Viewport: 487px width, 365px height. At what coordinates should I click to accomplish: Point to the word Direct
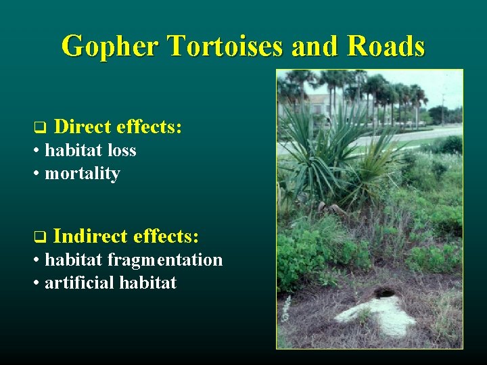tap(83, 126)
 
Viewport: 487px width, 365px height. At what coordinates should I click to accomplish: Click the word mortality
tap(82, 174)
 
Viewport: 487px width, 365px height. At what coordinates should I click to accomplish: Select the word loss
tap(121, 150)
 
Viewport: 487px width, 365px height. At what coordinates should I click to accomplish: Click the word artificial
tap(79, 283)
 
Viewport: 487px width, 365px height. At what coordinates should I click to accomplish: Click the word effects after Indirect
tap(166, 237)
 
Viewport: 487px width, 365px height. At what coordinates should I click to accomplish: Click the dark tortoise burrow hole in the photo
tap(384, 293)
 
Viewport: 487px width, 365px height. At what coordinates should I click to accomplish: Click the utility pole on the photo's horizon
tap(443, 101)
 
